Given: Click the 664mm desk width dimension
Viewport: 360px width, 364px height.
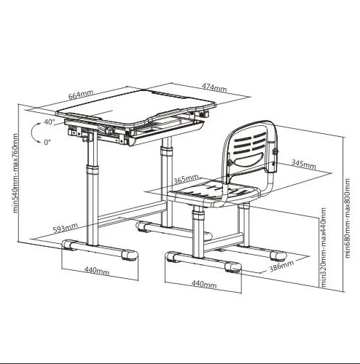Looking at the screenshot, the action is click(81, 95).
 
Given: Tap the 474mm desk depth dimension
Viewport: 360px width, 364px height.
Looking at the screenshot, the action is click(214, 87).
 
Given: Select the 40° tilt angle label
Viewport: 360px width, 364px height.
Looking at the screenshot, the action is click(50, 122).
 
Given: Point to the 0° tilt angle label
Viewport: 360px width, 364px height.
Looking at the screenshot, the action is click(47, 142).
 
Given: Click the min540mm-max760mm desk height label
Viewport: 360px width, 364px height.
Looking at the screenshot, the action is click(15, 173).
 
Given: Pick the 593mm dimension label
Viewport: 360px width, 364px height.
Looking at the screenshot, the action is click(66, 228).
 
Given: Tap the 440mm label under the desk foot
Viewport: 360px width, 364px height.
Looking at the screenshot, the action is click(97, 271).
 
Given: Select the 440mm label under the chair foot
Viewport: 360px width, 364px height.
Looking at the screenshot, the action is click(204, 283).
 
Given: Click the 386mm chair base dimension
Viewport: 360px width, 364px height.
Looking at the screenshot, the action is click(282, 266).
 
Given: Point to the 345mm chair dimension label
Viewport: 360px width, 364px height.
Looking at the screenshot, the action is click(304, 165).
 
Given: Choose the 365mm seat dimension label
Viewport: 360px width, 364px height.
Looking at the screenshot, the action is click(186, 179).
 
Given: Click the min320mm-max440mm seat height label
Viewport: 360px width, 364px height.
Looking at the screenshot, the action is click(324, 247).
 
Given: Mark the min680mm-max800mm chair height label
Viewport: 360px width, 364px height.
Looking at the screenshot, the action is click(348, 218).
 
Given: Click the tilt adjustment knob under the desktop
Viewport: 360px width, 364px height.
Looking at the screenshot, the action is click(108, 130).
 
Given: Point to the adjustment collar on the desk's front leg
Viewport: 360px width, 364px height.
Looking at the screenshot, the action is click(93, 170).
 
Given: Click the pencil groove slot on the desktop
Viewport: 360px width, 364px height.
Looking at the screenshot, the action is click(170, 95).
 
